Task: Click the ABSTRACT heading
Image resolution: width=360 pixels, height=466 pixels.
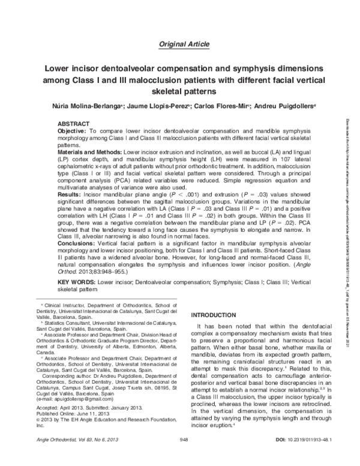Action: click(x=72, y=123)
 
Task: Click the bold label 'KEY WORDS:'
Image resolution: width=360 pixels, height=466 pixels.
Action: click(x=74, y=282)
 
